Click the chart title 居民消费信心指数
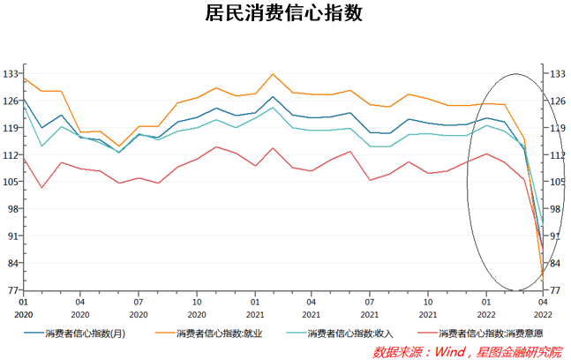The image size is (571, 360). pyautogui.click(x=284, y=14)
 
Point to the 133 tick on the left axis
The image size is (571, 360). pyautogui.click(x=11, y=73)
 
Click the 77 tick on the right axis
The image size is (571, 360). pyautogui.click(x=558, y=290)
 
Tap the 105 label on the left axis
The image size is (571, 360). pyautogui.click(x=11, y=182)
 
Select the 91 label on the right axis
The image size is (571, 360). pyautogui.click(x=558, y=236)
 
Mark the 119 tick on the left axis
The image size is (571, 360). pyautogui.click(x=11, y=128)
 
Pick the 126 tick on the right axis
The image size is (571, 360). pyautogui.click(x=558, y=101)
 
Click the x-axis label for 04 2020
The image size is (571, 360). pyautogui.click(x=80, y=307)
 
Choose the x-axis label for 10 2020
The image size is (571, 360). pyautogui.click(x=197, y=307)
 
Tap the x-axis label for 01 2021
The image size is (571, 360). pyautogui.click(x=255, y=307)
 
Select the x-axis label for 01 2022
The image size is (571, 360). pyautogui.click(x=485, y=307)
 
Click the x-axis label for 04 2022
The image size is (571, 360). pyautogui.click(x=543, y=307)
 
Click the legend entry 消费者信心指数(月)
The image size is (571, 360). pyautogui.click(x=85, y=334)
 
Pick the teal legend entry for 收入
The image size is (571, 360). pyautogui.click(x=350, y=334)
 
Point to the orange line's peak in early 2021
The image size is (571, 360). pyautogui.click(x=273, y=74)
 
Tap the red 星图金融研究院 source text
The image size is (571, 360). pyautogui.click(x=519, y=351)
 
